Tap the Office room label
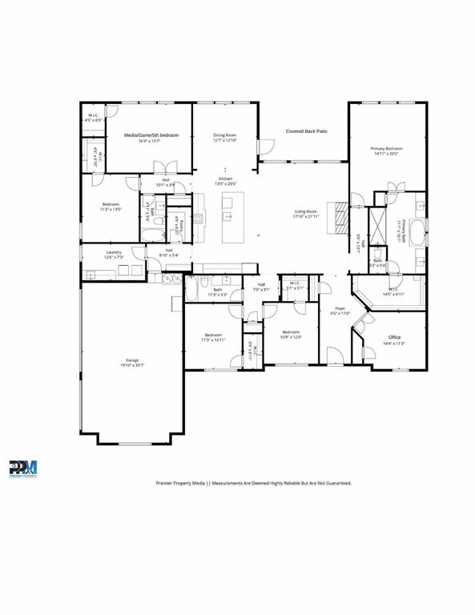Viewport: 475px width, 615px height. click(394, 337)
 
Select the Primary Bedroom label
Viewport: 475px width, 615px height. click(386, 149)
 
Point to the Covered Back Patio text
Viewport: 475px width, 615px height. click(307, 131)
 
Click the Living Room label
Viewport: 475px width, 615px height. click(306, 211)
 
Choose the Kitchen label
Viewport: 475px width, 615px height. click(226, 179)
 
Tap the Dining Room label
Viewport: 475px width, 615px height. click(225, 135)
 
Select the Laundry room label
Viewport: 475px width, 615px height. click(114, 252)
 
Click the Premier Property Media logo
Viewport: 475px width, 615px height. click(23, 469)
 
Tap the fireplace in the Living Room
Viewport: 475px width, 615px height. click(341, 216)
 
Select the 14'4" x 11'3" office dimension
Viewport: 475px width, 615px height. click(394, 344)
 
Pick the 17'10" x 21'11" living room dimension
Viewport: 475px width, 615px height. click(306, 217)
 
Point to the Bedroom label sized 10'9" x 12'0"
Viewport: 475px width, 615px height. click(290, 332)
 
